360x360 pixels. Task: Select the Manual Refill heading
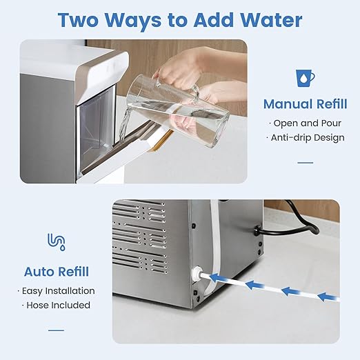click(304, 105)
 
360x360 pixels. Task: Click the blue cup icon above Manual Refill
click(304, 77)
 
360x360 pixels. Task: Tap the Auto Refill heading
click(56, 271)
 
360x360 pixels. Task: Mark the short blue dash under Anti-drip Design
click(304, 163)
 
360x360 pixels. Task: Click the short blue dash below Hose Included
click(56, 329)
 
